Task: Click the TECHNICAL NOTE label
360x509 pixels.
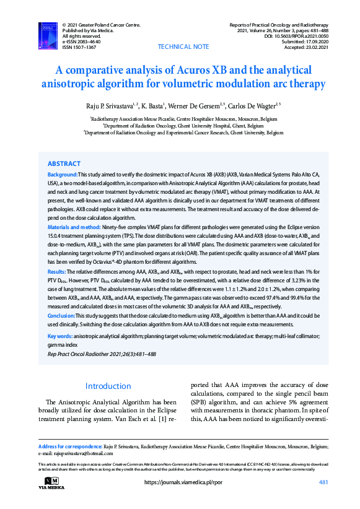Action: pos(183,47)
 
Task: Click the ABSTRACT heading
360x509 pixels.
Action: pos(64,164)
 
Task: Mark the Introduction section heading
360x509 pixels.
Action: pos(108,386)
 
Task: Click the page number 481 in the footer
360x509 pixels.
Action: pos(323,482)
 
